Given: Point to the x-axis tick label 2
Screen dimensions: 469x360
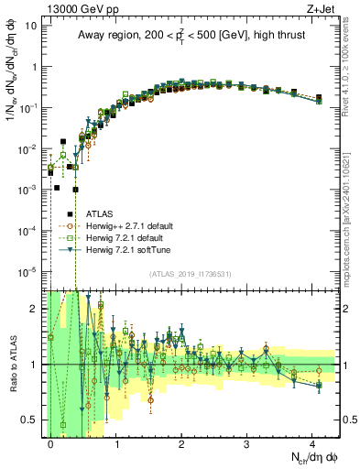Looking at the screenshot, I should pyautogui.click(x=181, y=443).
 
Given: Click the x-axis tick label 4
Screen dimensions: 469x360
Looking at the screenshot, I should pyautogui.click(x=312, y=443).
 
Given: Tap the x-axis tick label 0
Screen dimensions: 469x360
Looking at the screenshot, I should pyautogui.click(x=50, y=443).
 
